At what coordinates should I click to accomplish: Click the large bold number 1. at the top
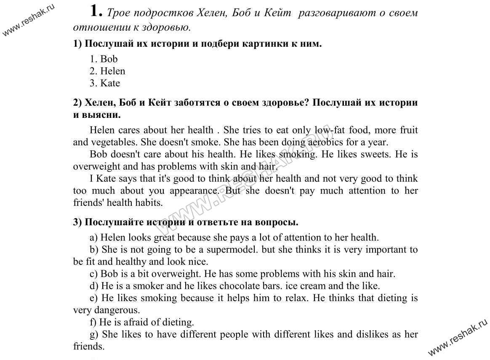click(96, 11)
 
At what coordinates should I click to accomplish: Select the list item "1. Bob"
click(104, 59)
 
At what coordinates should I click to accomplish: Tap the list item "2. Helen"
click(107, 71)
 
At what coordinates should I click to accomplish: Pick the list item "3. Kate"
click(105, 83)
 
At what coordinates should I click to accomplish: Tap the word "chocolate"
click(239, 286)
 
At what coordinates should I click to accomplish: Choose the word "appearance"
click(194, 191)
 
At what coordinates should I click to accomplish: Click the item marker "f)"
click(93, 323)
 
